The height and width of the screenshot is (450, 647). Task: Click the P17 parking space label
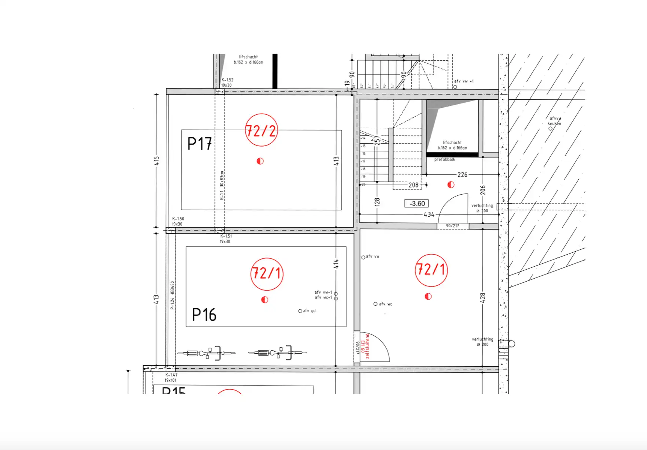pos(200,144)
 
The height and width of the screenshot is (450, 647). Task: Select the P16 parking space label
pos(204,315)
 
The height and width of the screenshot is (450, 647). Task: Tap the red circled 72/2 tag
pos(261,130)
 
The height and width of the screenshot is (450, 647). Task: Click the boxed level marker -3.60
pos(417,204)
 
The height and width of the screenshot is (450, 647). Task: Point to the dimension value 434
pos(429,214)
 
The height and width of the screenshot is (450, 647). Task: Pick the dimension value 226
pos(462,175)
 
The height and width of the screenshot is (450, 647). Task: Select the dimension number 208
pos(413,185)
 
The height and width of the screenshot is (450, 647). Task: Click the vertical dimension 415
pos(156,161)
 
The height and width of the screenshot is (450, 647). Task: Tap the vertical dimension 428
pos(483,298)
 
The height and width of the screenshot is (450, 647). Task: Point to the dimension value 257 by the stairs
pos(377,140)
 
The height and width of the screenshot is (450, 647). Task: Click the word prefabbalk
pos(444,160)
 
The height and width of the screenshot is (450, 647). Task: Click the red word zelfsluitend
pos(368,346)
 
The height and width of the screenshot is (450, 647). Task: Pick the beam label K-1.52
pos(227,80)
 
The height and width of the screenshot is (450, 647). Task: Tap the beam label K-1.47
pos(171,375)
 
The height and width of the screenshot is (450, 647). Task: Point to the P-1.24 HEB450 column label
pos(172,295)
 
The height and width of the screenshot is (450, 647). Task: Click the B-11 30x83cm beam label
pos(222,185)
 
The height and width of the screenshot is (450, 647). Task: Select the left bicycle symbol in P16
pos(206,353)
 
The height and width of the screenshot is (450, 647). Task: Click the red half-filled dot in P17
pos(260,161)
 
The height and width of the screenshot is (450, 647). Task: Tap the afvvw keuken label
pos(554,121)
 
